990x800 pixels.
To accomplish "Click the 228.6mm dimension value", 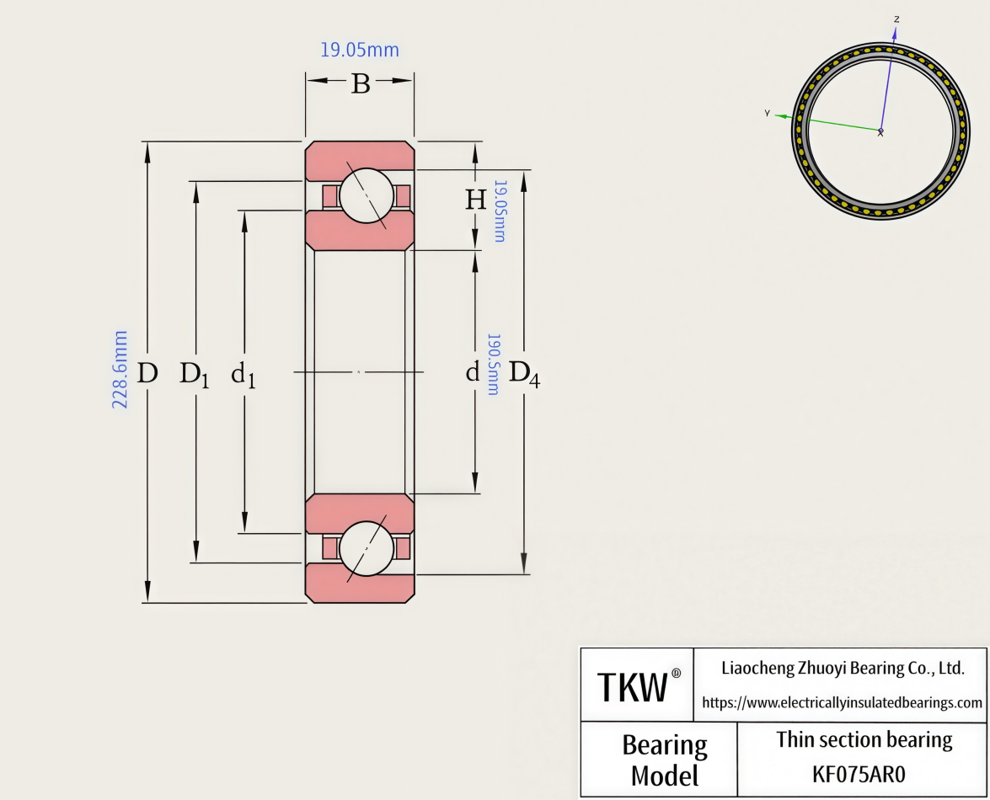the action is [120, 370].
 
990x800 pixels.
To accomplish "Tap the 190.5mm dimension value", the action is [493, 365].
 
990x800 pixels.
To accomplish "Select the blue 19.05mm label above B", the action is [360, 50].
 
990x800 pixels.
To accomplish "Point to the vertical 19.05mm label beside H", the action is [500, 211].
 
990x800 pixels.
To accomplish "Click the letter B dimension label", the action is [361, 84].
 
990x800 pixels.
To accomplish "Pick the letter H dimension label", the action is [475, 200].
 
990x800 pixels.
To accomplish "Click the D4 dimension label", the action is [524, 373].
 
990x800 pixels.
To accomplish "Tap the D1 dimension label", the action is [195, 374].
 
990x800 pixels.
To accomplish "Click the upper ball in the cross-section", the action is [367, 195].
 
